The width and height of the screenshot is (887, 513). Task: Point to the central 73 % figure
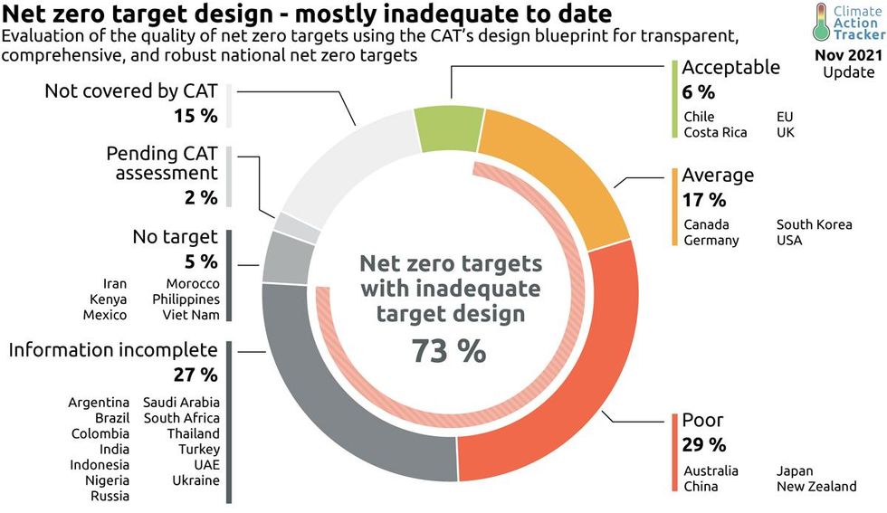[x=449, y=351]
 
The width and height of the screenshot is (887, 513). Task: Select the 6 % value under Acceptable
[x=698, y=92]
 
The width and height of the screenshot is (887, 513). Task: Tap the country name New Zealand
[x=815, y=487]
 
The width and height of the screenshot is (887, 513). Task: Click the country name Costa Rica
[x=715, y=132]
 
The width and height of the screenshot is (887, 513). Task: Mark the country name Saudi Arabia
[x=181, y=402]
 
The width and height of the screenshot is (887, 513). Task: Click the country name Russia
[x=110, y=496]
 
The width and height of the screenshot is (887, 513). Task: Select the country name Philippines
[x=186, y=299]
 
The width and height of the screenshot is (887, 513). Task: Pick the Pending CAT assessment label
[x=162, y=163]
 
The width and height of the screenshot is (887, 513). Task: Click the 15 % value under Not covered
[x=196, y=116]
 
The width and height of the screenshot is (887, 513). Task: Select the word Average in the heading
[x=718, y=175]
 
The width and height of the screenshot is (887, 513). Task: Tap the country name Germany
[x=711, y=240]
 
